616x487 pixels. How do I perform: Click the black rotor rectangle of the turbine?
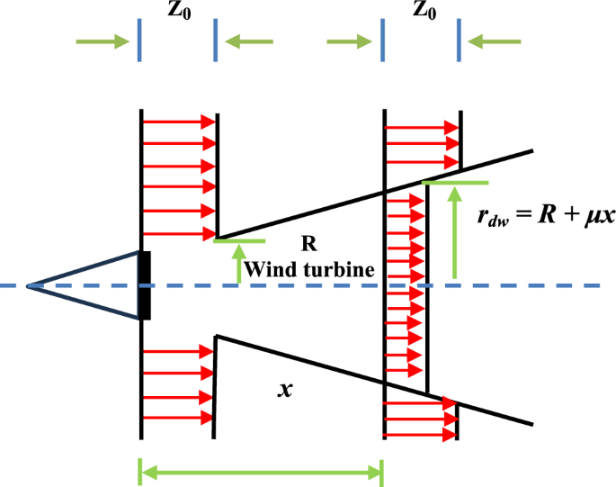coord(144,286)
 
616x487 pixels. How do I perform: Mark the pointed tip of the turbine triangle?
coord(28,286)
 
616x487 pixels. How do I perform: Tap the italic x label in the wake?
coord(286,391)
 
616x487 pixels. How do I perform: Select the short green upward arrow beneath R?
coord(239,265)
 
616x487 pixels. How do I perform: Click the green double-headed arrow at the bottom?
coord(261,470)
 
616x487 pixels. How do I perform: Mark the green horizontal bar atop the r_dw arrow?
coord(454,183)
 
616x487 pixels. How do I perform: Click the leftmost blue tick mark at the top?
coord(139,41)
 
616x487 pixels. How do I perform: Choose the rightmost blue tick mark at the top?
coord(460,41)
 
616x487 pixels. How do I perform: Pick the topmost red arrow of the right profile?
coord(423,129)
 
